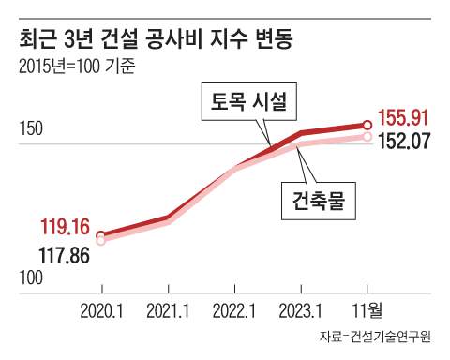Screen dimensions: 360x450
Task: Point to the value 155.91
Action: point(403,119)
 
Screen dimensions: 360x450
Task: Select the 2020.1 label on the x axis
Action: point(102,309)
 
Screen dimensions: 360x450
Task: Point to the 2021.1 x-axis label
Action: point(168,309)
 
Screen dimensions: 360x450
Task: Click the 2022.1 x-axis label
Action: point(234,309)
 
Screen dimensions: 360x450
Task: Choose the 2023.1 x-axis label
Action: point(301,309)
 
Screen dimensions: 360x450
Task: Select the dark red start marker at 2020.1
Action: point(101,235)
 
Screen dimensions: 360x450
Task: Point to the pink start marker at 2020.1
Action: point(101,241)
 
